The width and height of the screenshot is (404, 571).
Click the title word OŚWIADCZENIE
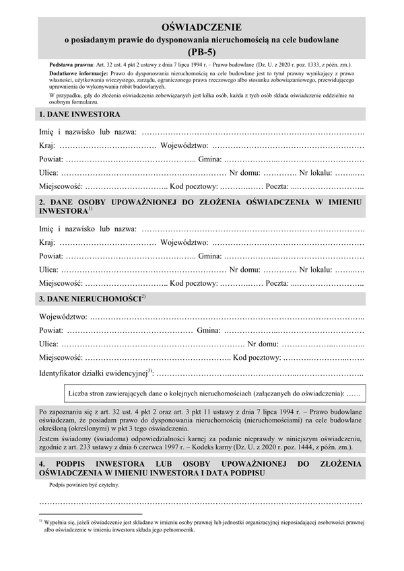[x=202, y=26]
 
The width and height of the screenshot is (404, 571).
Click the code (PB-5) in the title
[x=202, y=50]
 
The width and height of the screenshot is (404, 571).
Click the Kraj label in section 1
[x=47, y=146]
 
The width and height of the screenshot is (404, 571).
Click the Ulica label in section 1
[x=49, y=172]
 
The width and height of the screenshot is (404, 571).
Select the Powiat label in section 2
[x=51, y=256]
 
